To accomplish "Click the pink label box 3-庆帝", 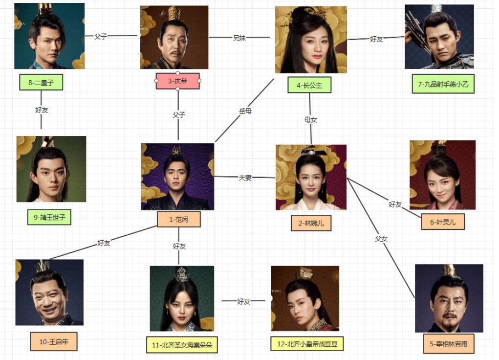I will click(x=178, y=81).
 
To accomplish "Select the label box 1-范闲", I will click(x=178, y=220).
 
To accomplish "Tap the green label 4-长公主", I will click(x=309, y=85).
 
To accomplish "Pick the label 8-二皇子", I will click(x=41, y=83).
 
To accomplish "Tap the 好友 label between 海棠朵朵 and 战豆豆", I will click(x=243, y=302).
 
